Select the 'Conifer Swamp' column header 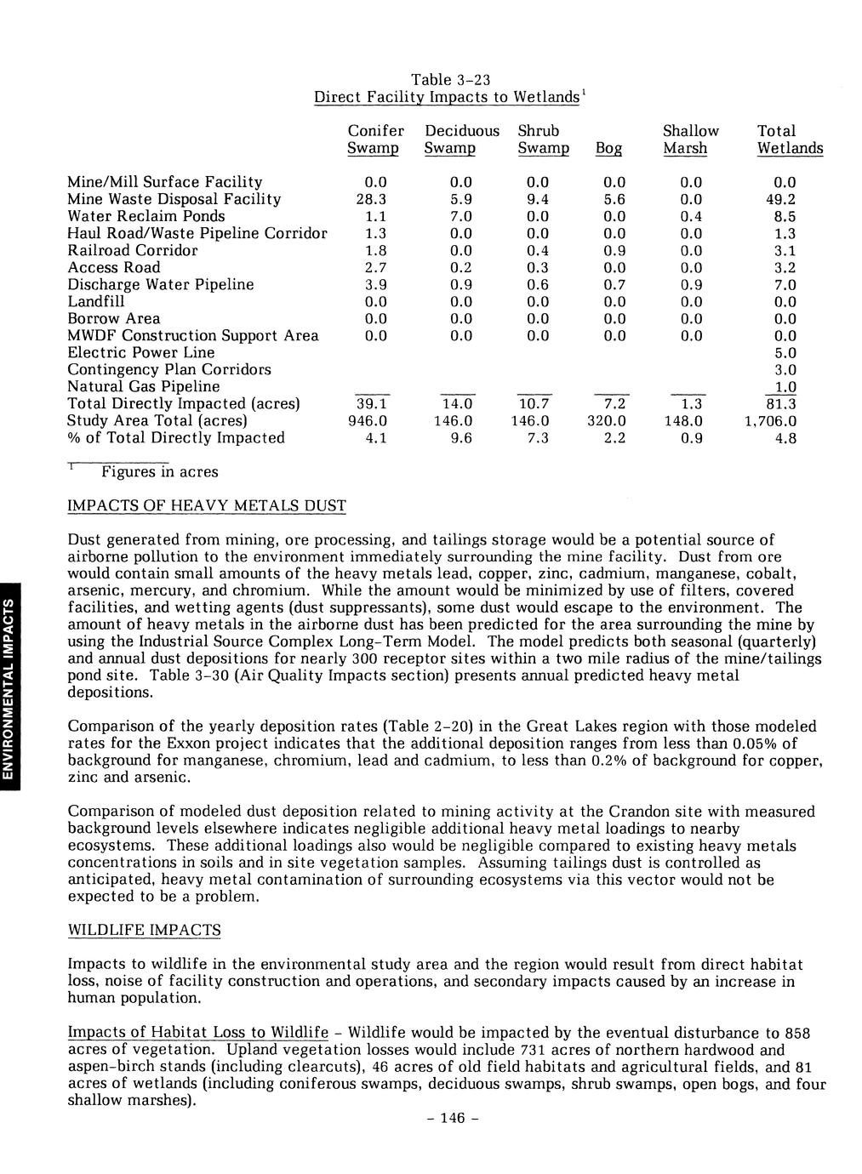375,140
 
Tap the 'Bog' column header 608,149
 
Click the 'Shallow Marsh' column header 690,140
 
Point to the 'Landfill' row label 95,301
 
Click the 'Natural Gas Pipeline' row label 143,386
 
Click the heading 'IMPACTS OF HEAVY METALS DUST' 207,506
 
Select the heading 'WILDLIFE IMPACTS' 144,930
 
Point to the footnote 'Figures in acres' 159,471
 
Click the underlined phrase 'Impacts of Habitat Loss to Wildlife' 197,1033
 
